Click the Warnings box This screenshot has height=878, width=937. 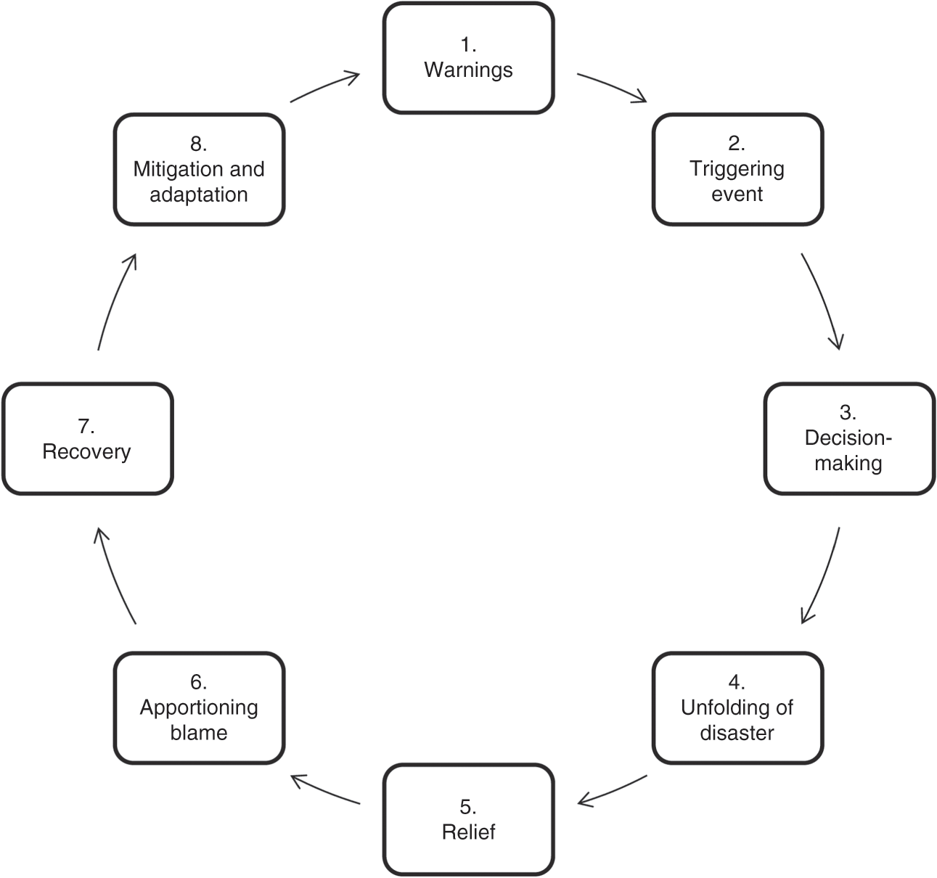tap(468, 58)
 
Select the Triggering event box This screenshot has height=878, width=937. tap(737, 169)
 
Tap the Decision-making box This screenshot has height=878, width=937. tap(848, 438)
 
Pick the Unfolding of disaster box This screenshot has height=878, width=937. tap(737, 707)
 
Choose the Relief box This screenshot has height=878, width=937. tap(468, 819)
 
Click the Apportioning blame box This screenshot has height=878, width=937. tap(199, 707)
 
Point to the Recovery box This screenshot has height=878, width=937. tap(87, 438)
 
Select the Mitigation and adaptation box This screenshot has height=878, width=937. tap(199, 169)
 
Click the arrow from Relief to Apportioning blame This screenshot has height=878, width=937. tap(324, 790)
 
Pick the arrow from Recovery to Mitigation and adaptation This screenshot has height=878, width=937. tap(114, 300)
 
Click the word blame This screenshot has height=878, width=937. tap(199, 733)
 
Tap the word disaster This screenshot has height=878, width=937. tap(737, 733)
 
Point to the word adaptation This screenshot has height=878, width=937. tap(199, 194)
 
